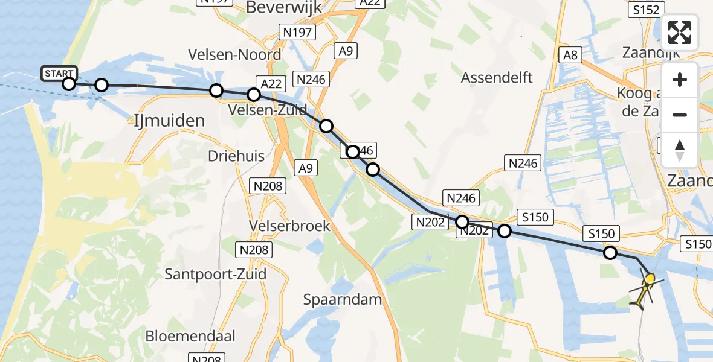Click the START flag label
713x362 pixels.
click(59, 74)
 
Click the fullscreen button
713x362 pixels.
click(680, 33)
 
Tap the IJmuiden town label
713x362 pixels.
click(167, 120)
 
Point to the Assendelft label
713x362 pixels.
click(497, 77)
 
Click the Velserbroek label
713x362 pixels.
click(290, 226)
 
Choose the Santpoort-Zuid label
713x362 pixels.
click(216, 274)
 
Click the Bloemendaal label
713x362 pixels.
click(190, 336)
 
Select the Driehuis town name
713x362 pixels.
click(236, 156)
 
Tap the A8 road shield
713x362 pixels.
click(570, 56)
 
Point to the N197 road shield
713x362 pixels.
click(297, 32)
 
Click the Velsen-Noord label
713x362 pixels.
click(234, 54)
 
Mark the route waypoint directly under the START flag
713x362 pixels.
click(69, 84)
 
